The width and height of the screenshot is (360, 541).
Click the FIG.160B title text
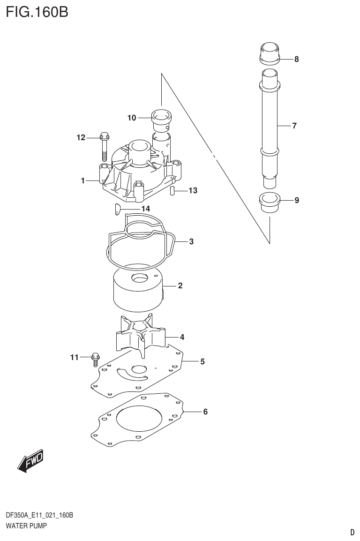pyautogui.click(x=37, y=11)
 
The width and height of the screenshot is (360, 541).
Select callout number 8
pyautogui.click(x=297, y=60)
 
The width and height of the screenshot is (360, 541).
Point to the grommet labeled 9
pyautogui.click(x=270, y=202)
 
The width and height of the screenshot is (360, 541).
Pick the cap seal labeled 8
pyautogui.click(x=270, y=53)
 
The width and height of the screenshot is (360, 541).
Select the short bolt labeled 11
pyautogui.click(x=96, y=359)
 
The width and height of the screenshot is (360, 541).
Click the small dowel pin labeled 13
pyautogui.click(x=172, y=191)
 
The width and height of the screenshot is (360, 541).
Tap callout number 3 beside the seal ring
pyautogui.click(x=191, y=242)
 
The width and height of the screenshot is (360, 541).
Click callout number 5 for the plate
pyautogui.click(x=202, y=361)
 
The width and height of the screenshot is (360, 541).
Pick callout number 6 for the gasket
pyautogui.click(x=205, y=412)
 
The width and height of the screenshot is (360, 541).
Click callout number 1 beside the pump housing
pyautogui.click(x=82, y=180)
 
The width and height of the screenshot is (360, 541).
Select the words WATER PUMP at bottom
pyautogui.click(x=26, y=526)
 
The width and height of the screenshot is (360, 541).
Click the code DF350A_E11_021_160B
pyautogui.click(x=39, y=516)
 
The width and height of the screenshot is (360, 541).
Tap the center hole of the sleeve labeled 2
pyautogui.click(x=140, y=278)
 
